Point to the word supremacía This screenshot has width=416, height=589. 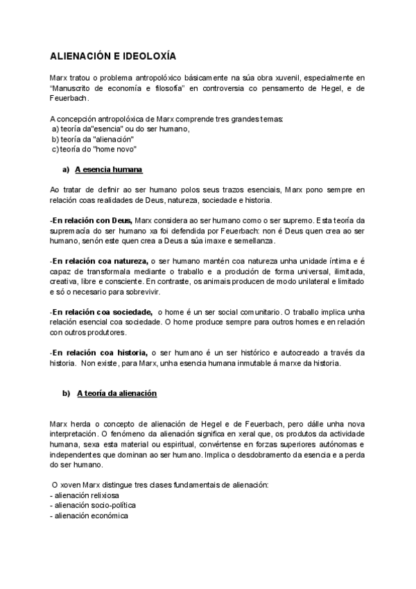coord(71,231)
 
